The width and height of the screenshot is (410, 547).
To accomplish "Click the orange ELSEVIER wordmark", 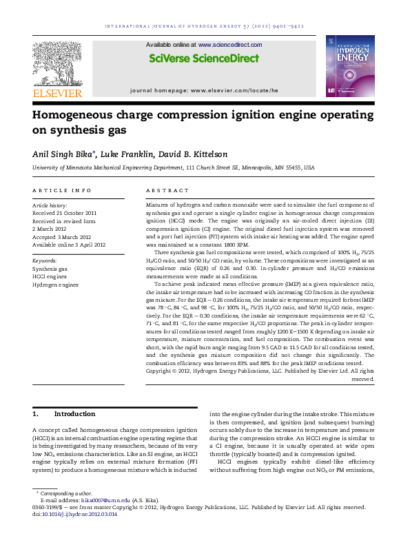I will point(57,93).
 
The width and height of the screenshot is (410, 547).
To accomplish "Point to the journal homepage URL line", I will point(204,90).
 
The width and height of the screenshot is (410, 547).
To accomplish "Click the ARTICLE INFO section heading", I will point(62,189).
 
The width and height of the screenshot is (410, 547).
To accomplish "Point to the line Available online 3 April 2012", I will point(69,244).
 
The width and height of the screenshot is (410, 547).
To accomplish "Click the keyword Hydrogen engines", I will point(55,284).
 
